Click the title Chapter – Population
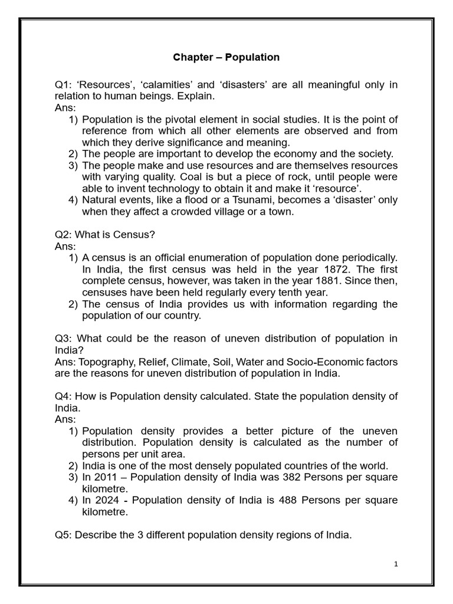(x=226, y=57)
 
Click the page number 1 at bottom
(x=396, y=564)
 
